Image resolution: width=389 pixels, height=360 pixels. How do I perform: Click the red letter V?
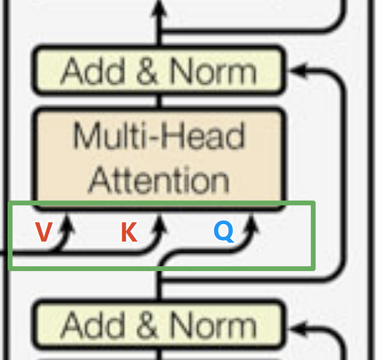[x=43, y=232]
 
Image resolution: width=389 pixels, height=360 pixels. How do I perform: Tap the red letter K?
[x=129, y=232]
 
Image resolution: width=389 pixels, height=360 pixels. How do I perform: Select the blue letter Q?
[x=224, y=231]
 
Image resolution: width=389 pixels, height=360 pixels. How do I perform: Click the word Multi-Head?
[x=159, y=136]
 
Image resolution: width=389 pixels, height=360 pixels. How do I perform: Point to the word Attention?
[x=159, y=179]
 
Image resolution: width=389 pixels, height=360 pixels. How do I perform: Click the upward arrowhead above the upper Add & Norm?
[x=159, y=9]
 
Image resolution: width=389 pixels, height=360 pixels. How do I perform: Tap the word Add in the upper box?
[x=93, y=71]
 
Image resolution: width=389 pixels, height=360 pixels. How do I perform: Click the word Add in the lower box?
[x=93, y=326]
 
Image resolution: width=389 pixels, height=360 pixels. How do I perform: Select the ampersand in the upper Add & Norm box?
[x=147, y=72]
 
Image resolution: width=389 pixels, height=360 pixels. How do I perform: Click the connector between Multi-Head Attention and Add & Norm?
[x=160, y=101]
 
